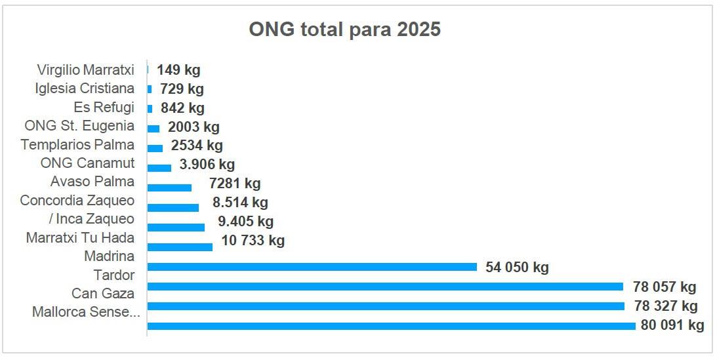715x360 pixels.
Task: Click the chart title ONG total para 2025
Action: coord(344,30)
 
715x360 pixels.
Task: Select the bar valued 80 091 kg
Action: coord(391,326)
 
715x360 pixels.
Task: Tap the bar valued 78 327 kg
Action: coord(386,306)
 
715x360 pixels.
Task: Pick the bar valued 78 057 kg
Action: coord(385,287)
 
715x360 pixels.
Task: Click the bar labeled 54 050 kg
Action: coord(312,267)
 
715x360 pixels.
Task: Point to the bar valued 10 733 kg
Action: coord(180,247)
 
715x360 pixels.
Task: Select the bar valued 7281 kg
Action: coord(169,188)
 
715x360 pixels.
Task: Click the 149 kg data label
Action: coord(178,70)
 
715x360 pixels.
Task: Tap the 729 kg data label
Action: coord(182,89)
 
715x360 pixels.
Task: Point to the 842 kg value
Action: coord(182,108)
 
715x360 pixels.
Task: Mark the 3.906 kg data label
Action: coord(207,165)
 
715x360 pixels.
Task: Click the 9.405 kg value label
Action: coord(245,222)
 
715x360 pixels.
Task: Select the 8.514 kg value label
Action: coord(240,203)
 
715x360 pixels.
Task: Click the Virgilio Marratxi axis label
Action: coord(85,70)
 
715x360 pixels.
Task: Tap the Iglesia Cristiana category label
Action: coord(85,89)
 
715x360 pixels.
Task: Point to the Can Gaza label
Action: coord(103,293)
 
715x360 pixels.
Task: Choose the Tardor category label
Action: coord(113,275)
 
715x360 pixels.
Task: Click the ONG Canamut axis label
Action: coord(87,163)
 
